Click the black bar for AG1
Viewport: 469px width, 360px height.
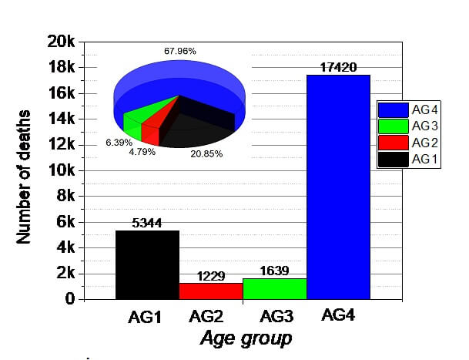[x=147, y=264]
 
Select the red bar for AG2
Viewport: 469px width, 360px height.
[x=210, y=291]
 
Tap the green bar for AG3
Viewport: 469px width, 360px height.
[x=274, y=288]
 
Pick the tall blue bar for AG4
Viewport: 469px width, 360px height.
[x=338, y=187]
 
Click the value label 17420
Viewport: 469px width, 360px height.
[x=338, y=68]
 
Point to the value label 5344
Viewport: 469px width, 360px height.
[x=147, y=224]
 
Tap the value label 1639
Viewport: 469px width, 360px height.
[x=274, y=271]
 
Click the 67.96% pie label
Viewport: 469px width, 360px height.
[x=179, y=51]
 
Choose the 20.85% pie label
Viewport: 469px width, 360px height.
[x=206, y=154]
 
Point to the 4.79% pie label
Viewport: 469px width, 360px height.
[x=142, y=152]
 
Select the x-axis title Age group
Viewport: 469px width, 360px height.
[x=246, y=338]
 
